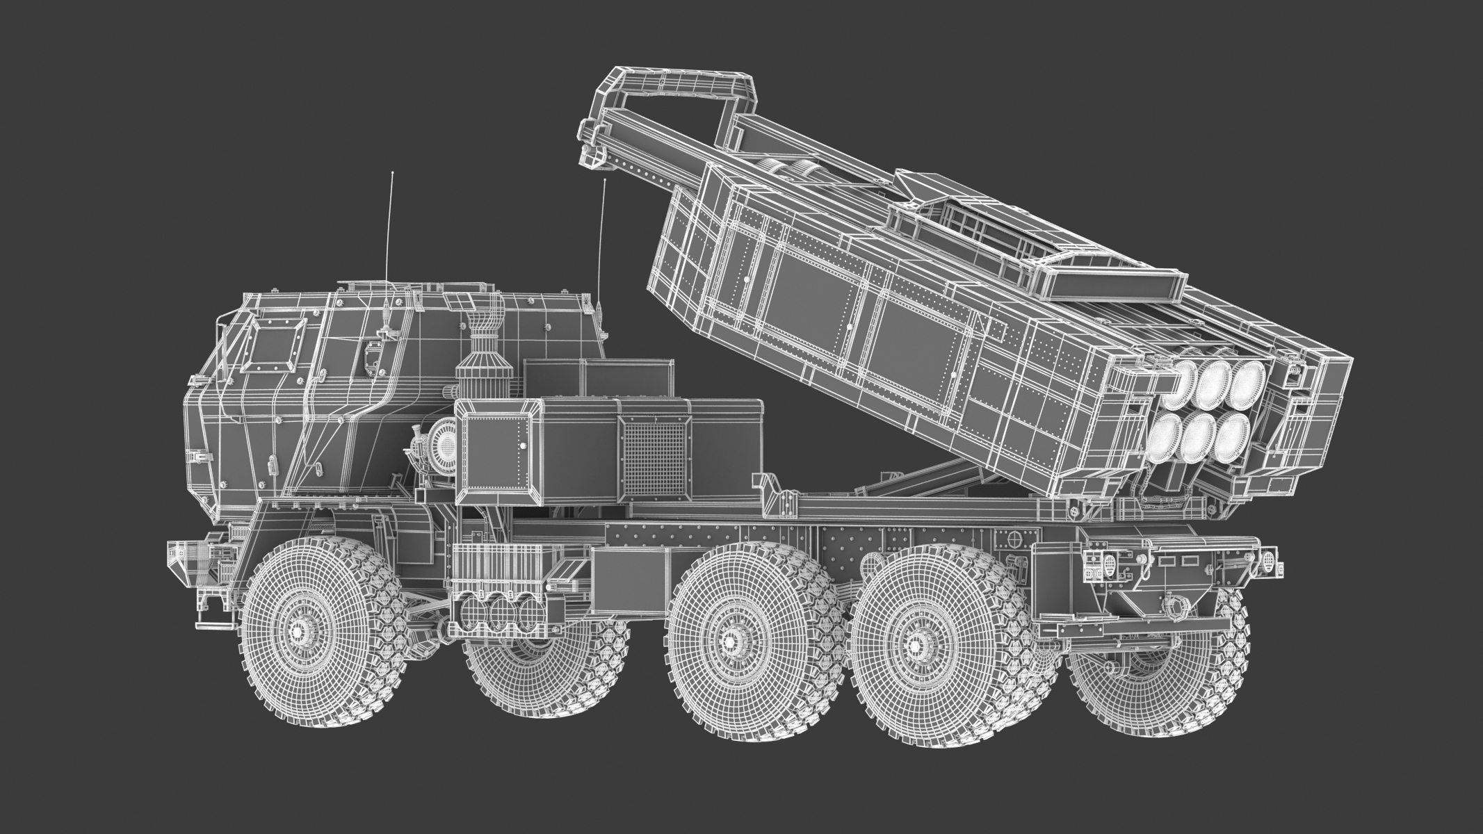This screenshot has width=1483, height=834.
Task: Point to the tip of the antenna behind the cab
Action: tap(605, 181)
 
